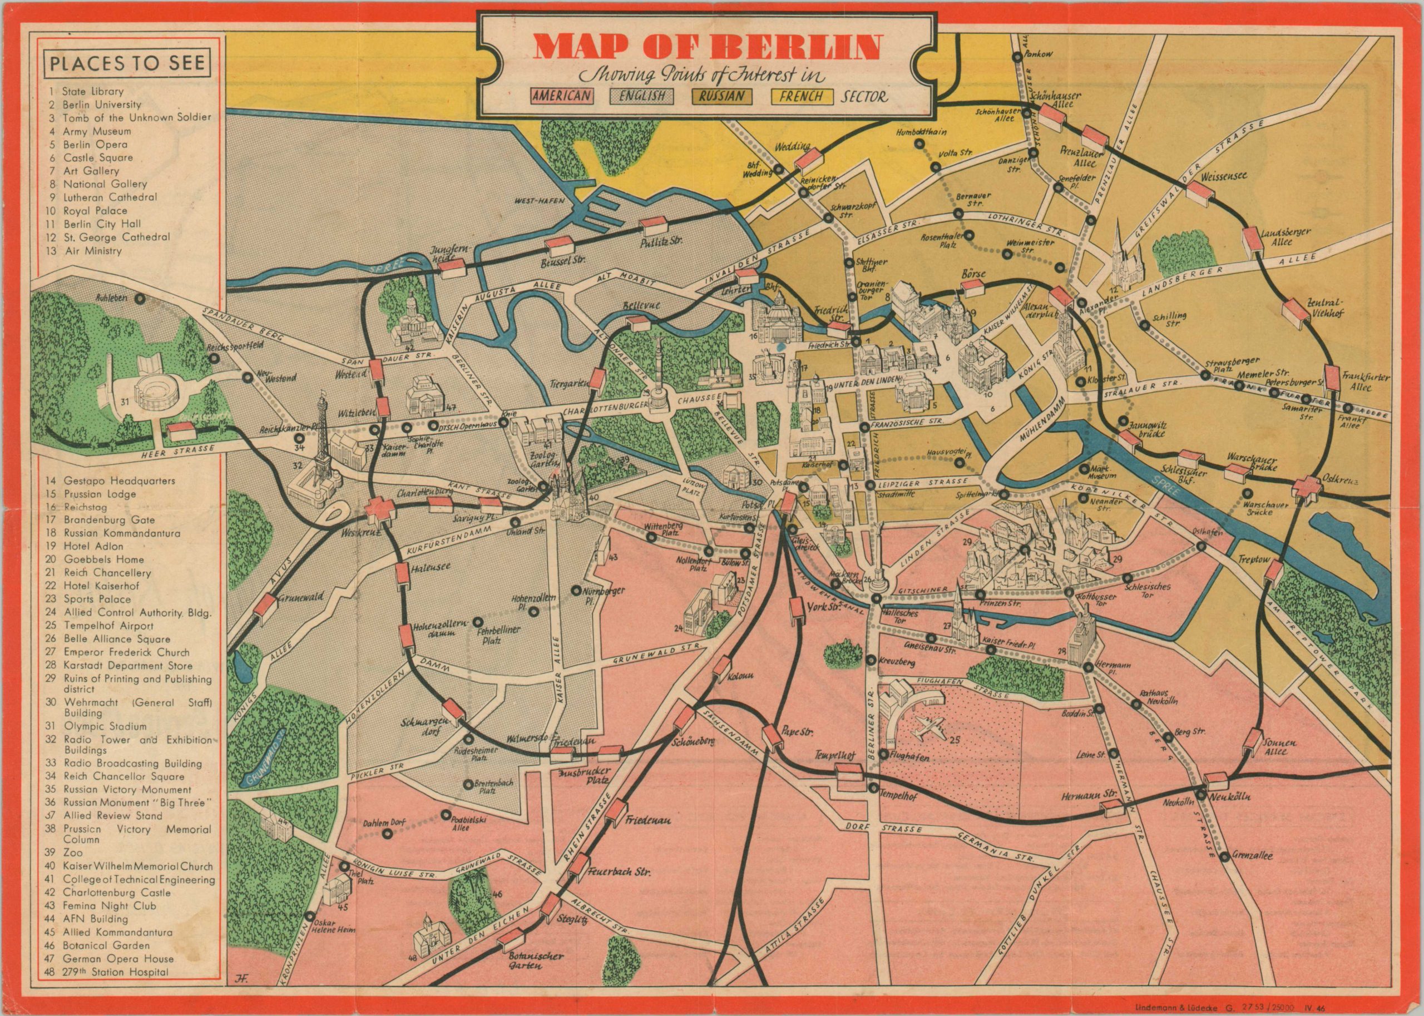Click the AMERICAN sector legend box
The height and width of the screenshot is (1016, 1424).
click(x=561, y=96)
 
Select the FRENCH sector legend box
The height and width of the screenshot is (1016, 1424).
click(x=803, y=96)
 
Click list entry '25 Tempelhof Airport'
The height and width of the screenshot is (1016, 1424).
click(x=108, y=626)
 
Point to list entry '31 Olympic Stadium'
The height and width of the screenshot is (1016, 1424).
click(x=105, y=726)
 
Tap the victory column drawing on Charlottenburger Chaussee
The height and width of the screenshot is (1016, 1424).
click(x=657, y=381)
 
